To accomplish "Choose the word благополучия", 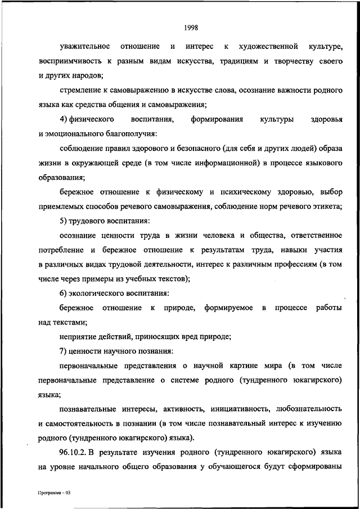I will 130,134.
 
